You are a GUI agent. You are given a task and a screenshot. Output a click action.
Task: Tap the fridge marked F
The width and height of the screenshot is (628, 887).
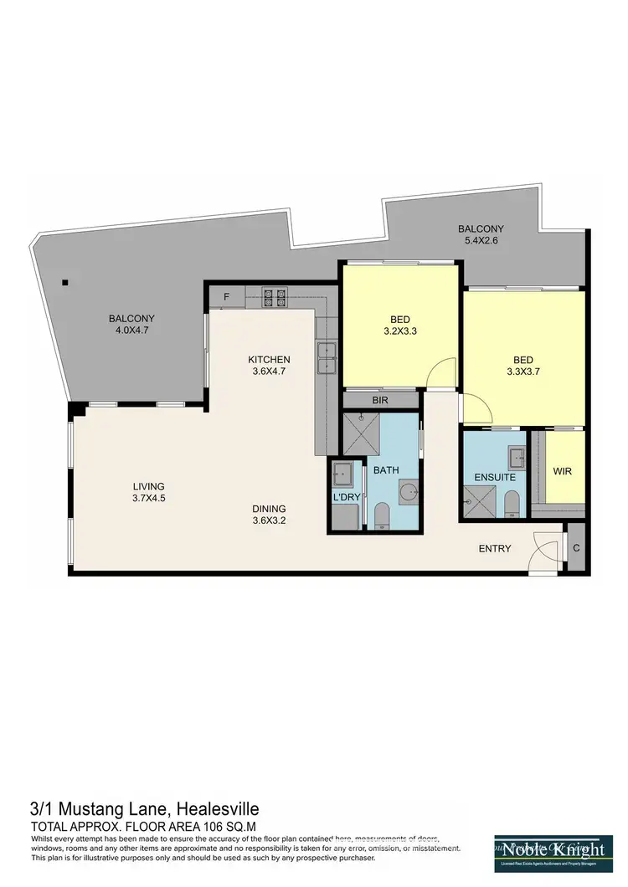[226, 296]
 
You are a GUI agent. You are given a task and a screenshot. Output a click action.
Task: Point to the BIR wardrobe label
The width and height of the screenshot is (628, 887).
[380, 401]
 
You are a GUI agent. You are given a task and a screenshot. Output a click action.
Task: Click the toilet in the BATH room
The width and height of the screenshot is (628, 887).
[381, 516]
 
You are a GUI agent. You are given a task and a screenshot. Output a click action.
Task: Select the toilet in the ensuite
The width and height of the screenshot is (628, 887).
[512, 504]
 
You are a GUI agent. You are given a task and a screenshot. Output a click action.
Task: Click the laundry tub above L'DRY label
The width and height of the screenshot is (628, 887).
[343, 474]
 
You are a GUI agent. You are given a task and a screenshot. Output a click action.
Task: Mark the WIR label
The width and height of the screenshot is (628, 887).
[562, 470]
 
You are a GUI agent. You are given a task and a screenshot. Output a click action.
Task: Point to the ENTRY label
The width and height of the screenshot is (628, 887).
[494, 549]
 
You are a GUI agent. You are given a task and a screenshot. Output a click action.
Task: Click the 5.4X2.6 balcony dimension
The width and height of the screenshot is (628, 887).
[480, 241]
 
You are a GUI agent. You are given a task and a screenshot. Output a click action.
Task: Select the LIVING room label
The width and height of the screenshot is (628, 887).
[148, 486]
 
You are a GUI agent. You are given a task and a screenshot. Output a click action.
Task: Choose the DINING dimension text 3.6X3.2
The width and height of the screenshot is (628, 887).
[270, 520]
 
